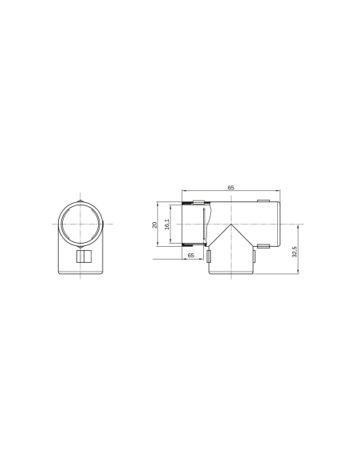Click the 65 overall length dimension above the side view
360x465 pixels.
[231, 187]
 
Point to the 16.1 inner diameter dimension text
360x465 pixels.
[167, 225]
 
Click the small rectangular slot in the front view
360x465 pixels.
[82, 257]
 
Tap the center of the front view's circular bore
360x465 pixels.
[82, 225]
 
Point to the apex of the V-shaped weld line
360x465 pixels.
[232, 225]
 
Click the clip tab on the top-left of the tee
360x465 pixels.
[200, 201]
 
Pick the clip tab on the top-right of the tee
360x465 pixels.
[263, 201]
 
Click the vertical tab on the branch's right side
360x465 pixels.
[256, 256]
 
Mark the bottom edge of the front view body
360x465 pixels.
[82, 275]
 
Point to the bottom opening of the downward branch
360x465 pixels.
[232, 275]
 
